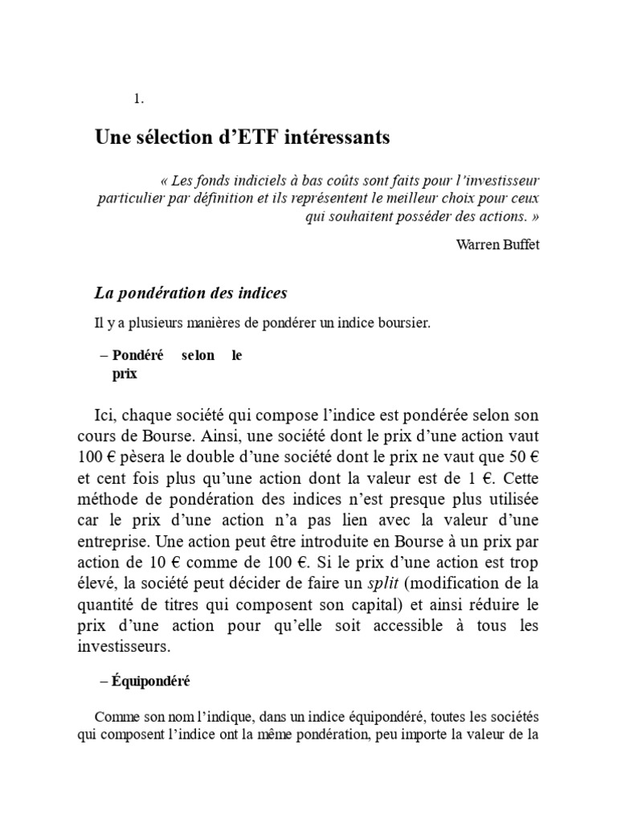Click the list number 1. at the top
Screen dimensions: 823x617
pyautogui.click(x=139, y=99)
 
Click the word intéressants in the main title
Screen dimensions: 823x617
pyautogui.click(x=319, y=137)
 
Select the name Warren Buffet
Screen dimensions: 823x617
pyautogui.click(x=497, y=244)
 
